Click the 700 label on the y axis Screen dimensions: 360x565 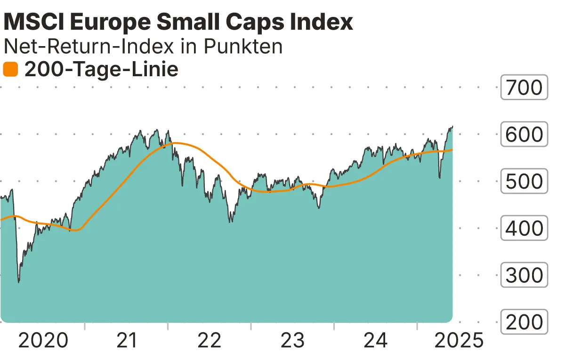[524, 88]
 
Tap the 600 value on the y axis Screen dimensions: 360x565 [524, 135]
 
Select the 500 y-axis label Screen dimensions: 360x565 [524, 182]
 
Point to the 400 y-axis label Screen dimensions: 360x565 [524, 229]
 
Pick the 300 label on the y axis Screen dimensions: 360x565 [524, 276]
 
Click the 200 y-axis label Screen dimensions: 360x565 [524, 322]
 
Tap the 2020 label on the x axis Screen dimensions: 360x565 [43, 340]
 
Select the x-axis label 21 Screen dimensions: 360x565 [126, 340]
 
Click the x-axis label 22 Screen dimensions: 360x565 [210, 340]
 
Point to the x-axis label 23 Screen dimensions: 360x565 [293, 340]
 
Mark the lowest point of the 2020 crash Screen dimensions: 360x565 [19, 282]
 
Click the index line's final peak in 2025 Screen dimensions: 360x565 [452, 127]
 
